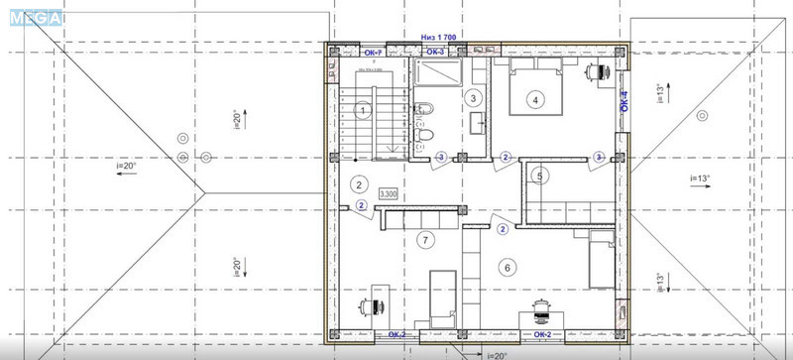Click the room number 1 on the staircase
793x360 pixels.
(364, 110)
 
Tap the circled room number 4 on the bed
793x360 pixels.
(535, 99)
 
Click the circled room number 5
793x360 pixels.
(539, 177)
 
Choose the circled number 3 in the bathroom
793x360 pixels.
(474, 98)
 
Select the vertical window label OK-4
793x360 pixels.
(624, 101)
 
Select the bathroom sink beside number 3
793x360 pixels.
(479, 123)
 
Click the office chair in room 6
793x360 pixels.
(541, 309)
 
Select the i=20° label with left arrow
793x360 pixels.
(127, 167)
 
